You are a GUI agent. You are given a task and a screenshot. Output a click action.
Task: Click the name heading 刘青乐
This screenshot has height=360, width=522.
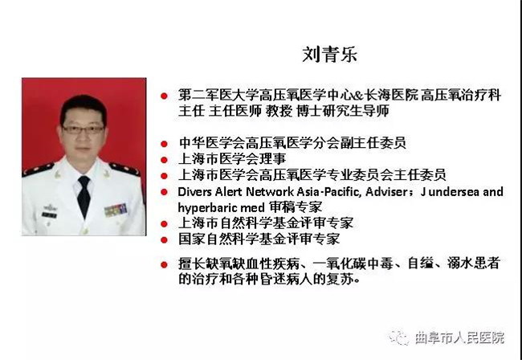329,55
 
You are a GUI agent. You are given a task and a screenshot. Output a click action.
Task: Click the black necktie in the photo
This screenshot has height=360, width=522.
84,197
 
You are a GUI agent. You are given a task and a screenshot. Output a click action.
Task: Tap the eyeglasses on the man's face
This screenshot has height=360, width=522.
84,129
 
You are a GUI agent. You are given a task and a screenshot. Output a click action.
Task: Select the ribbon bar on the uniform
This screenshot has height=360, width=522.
116,210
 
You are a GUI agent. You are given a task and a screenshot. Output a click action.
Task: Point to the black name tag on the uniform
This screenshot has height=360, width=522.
49,215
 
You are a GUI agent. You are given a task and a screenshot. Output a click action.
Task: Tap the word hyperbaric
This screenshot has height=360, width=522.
207,208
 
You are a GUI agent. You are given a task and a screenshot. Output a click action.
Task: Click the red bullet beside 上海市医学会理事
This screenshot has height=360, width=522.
164,160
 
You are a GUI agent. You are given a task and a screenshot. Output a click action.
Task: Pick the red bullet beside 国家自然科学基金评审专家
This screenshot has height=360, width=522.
164,239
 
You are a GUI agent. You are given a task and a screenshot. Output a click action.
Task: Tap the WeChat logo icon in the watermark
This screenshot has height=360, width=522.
398,337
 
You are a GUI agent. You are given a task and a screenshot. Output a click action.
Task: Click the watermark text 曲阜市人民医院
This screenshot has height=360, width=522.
459,337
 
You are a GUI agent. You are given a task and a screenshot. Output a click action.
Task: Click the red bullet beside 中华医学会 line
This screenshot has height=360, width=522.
164,144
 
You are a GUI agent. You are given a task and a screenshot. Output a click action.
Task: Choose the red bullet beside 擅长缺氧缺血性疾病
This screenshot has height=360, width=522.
164,264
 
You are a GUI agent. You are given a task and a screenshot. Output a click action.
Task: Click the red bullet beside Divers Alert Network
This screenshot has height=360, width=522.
164,192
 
